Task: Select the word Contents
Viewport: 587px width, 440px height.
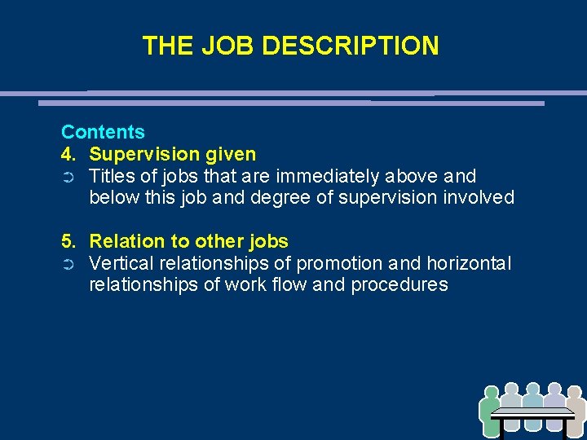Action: tap(103, 132)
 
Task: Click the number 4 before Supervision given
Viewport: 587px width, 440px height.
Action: tap(68, 154)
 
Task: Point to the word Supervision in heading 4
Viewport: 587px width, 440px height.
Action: tap(141, 154)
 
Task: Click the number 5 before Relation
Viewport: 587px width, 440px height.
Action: tap(68, 241)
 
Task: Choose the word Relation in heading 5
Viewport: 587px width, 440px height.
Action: tap(123, 241)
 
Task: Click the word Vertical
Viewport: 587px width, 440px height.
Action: tap(120, 263)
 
